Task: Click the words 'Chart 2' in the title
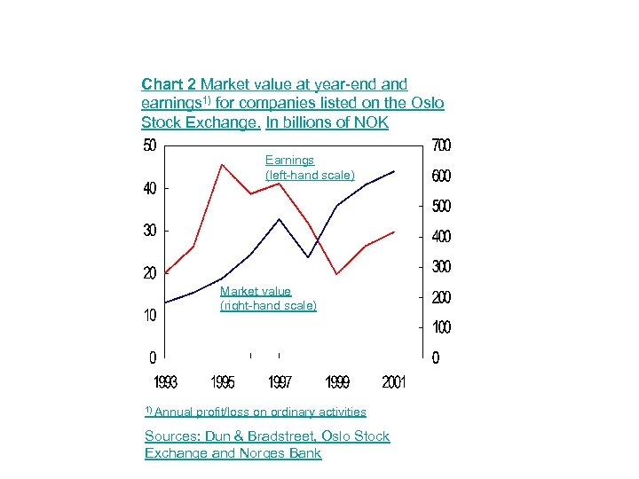169,84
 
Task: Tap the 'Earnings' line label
289,161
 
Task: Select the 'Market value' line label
256,291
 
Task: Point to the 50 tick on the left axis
150,145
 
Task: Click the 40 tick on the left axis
150,188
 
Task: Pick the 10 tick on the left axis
150,316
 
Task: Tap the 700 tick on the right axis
441,145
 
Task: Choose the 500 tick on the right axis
441,206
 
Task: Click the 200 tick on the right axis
441,297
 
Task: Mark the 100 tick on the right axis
441,328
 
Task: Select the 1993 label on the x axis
165,382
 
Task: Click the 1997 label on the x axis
280,382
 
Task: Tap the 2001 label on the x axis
394,382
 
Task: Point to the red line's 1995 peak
222,164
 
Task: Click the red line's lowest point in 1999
336,274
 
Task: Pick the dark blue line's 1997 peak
280,218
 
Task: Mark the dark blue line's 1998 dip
308,257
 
